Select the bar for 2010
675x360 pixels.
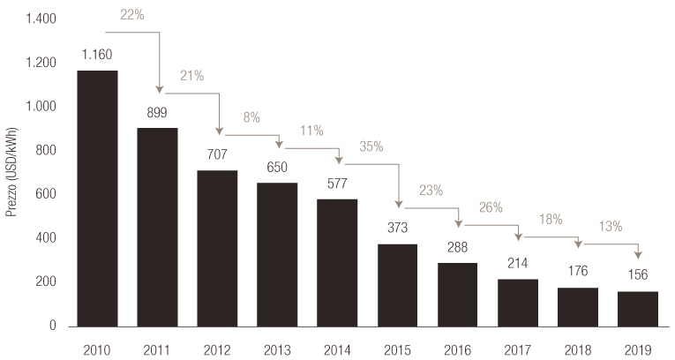[97, 199]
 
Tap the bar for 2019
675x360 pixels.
[637, 308]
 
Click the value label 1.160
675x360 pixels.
[97, 55]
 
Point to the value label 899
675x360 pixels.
[157, 113]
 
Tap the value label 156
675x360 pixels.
[637, 275]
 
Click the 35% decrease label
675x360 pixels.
[371, 146]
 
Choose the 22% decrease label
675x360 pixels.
[130, 16]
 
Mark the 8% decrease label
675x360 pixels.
[251, 116]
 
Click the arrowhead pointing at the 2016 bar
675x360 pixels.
[458, 221]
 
